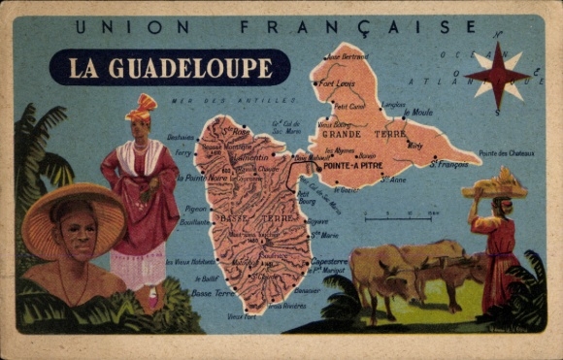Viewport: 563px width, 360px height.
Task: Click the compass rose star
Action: pos(497,75)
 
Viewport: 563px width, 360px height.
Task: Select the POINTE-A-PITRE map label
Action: pos(354,167)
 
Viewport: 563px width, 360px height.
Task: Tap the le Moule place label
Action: pos(418,113)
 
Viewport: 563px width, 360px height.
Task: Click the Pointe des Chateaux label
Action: pos(507,152)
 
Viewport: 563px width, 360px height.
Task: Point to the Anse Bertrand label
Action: pos(348,56)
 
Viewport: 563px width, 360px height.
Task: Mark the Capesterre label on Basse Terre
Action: pos(330,260)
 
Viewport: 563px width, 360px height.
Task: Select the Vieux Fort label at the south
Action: pos(243,316)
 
